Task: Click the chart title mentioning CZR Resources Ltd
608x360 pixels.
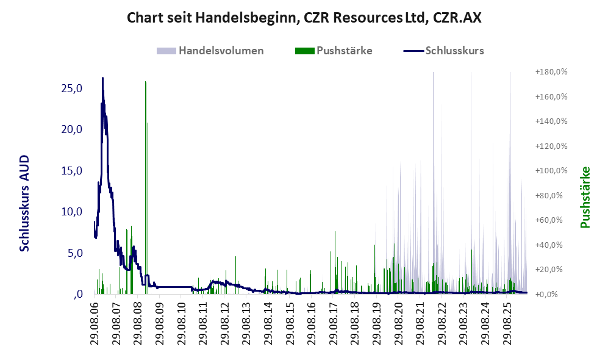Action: [x=304, y=18]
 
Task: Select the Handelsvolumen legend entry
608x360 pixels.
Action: [x=210, y=51]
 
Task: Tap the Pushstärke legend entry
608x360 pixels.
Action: [x=334, y=51]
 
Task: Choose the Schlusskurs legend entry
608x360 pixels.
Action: [x=443, y=51]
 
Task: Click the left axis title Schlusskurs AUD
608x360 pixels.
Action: [x=24, y=203]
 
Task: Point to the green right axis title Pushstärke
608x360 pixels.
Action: [x=585, y=197]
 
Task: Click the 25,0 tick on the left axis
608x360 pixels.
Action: [x=72, y=88]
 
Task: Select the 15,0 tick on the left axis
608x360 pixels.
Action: [x=72, y=171]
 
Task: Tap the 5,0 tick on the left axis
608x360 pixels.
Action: [x=75, y=253]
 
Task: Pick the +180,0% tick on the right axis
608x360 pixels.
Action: [x=551, y=72]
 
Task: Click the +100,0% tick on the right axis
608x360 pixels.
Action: [x=551, y=171]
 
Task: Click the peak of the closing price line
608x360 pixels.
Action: [x=102, y=78]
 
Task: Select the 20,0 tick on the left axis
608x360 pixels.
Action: [x=72, y=129]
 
